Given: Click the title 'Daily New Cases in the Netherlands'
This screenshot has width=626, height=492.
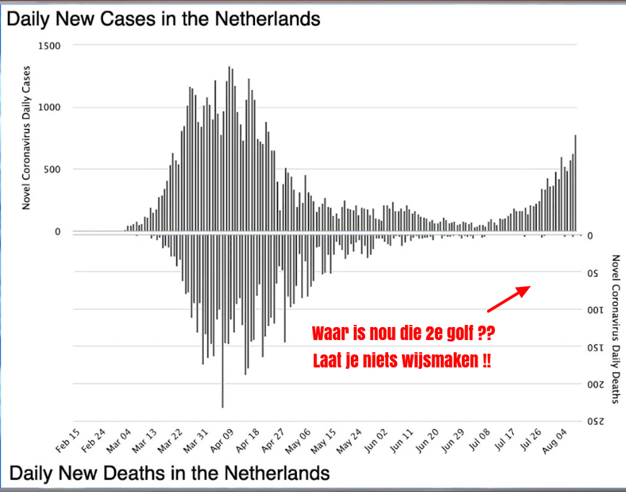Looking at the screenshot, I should [164, 19].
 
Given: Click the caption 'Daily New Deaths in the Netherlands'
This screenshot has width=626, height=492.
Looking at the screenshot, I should [169, 473].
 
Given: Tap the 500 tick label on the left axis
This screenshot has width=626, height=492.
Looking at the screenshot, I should [51, 169].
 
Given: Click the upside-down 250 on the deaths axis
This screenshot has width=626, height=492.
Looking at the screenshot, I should [595, 422].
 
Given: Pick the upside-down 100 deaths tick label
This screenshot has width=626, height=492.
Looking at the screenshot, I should [595, 310].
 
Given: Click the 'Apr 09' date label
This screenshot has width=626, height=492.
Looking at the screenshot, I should [218, 441].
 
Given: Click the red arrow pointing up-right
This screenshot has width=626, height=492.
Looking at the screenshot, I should [509, 299].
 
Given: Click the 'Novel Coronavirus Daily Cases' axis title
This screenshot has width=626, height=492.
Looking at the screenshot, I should [27, 137].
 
